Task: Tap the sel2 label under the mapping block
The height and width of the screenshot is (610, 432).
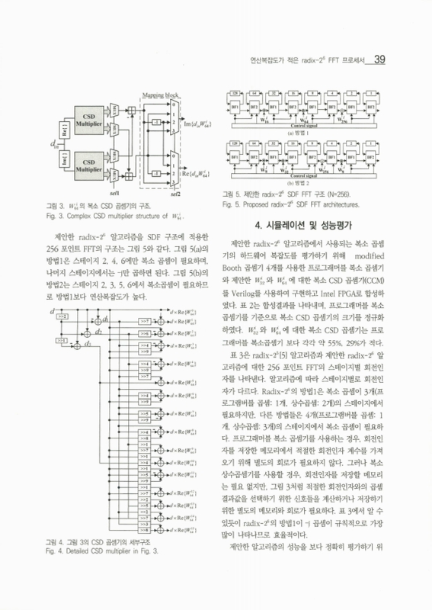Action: pyautogui.click(x=173, y=194)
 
